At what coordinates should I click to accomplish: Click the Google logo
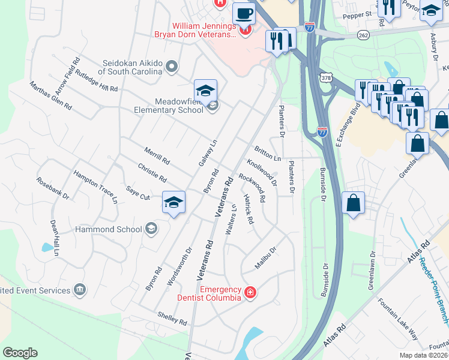click(x=20, y=353)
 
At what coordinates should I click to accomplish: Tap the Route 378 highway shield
click(x=325, y=78)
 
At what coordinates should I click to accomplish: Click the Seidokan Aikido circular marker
click(x=172, y=67)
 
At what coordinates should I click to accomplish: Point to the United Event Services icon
click(x=79, y=290)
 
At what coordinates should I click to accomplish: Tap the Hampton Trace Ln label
click(x=95, y=187)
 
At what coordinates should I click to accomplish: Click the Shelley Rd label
click(x=172, y=318)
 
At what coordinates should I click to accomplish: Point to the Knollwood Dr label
click(x=262, y=170)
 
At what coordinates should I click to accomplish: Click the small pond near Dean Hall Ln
click(x=46, y=247)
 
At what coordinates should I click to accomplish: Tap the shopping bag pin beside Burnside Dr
click(x=354, y=202)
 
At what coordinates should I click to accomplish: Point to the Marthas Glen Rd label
click(x=51, y=96)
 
